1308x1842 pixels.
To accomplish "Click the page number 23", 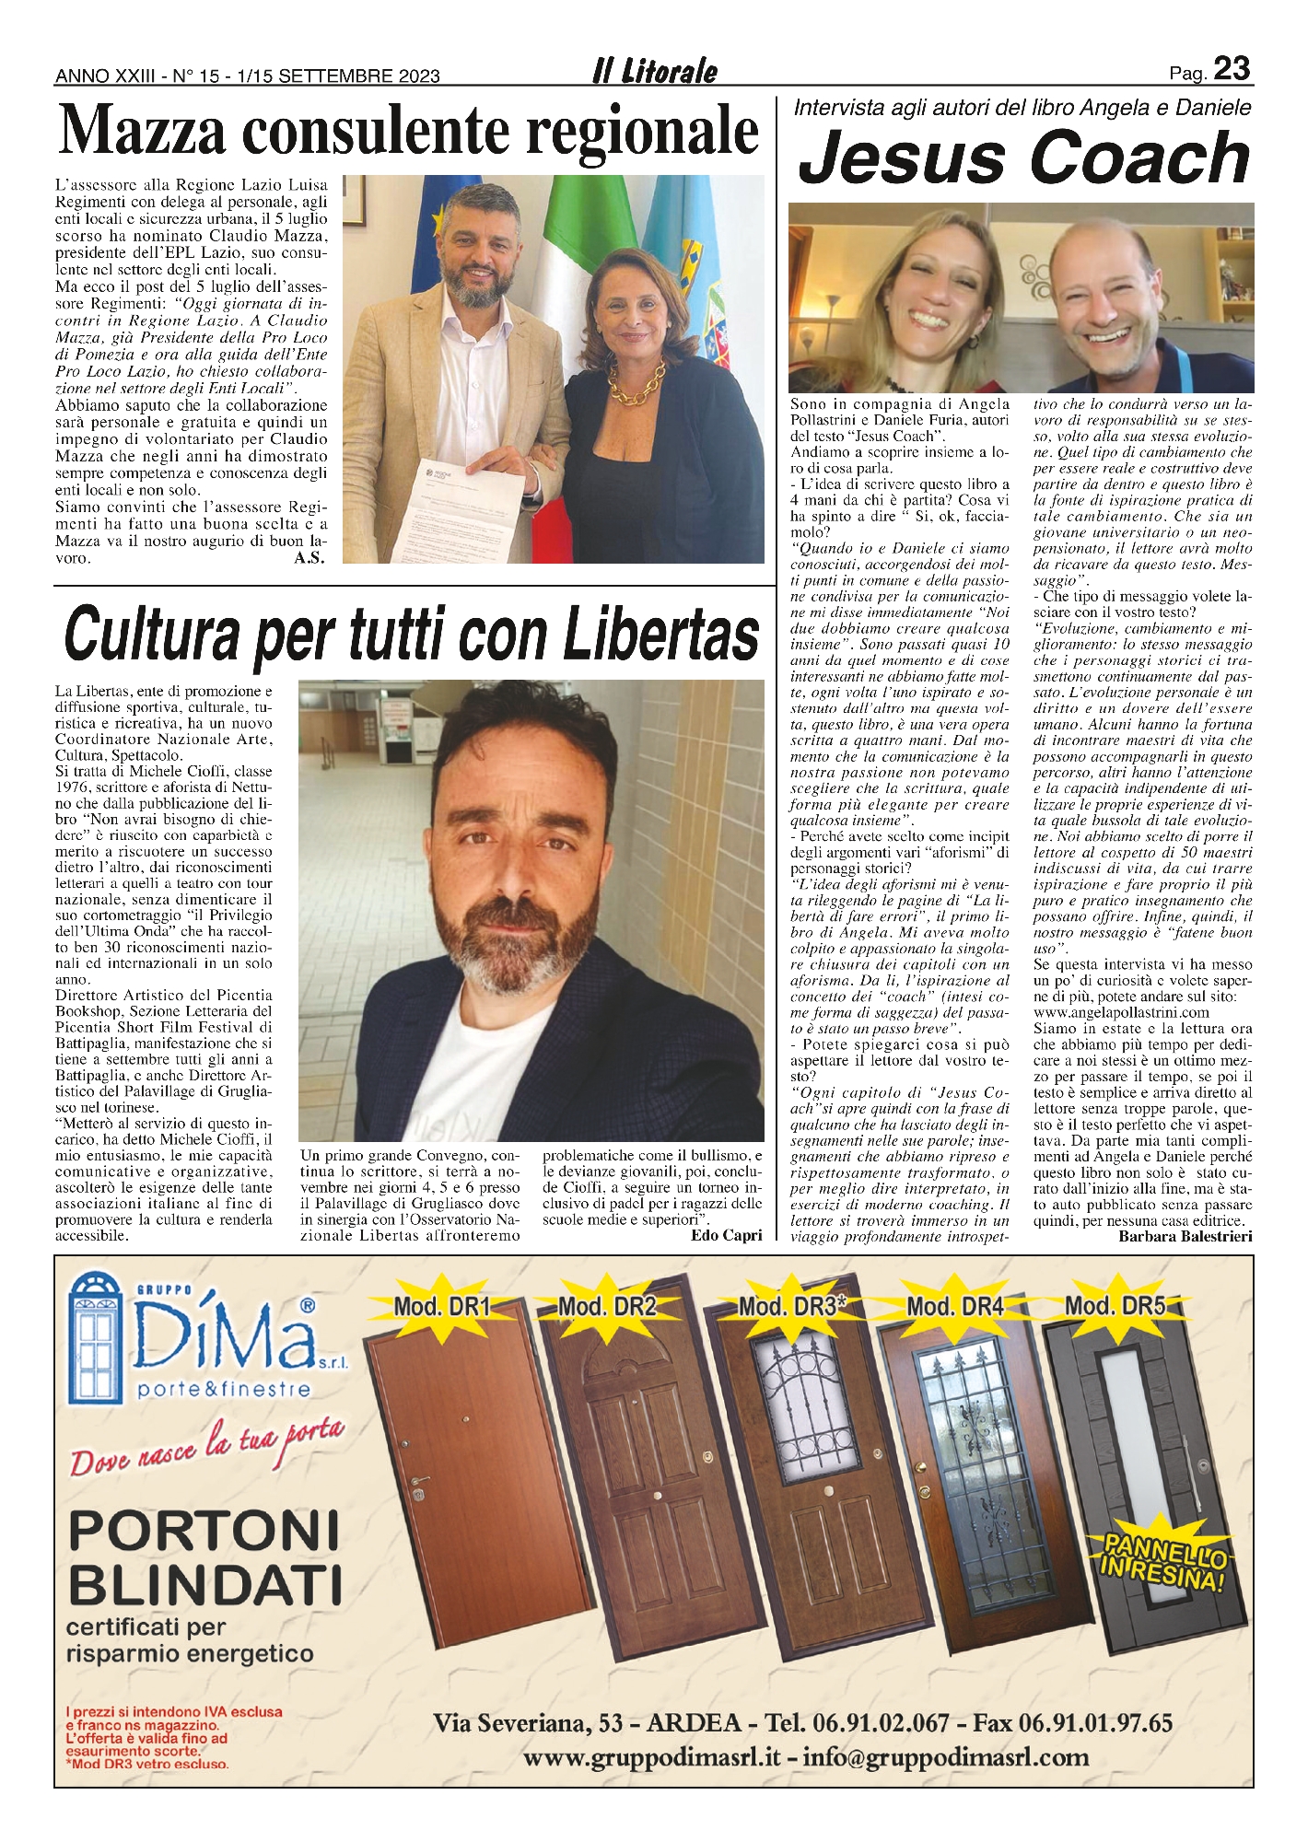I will pyautogui.click(x=1232, y=69).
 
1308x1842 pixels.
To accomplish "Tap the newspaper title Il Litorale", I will pyautogui.click(x=655, y=72).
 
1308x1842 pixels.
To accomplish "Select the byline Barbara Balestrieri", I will pyautogui.click(x=1185, y=1236).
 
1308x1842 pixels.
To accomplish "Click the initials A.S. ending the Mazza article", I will pyautogui.click(x=309, y=558).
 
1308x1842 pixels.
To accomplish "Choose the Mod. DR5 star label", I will pyautogui.click(x=1115, y=1305).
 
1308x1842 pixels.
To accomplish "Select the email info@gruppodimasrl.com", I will pyautogui.click(x=946, y=1756).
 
